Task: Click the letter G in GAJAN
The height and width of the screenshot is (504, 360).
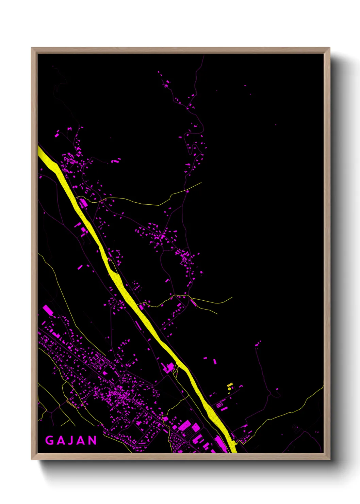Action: (49, 440)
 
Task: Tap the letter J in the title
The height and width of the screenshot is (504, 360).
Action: (71, 440)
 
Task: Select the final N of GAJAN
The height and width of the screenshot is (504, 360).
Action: (92, 440)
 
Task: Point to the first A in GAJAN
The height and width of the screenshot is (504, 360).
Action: (60, 440)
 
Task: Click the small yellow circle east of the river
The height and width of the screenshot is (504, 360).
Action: (229, 388)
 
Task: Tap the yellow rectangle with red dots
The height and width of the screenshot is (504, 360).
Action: (230, 384)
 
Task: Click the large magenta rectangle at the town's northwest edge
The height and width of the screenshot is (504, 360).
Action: (48, 310)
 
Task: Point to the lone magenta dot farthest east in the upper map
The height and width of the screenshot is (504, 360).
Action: (276, 125)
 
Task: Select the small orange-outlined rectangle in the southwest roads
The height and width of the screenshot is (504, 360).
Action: (71, 404)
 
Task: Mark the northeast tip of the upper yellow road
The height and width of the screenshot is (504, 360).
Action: (201, 183)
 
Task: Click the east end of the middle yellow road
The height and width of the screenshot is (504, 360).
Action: (232, 297)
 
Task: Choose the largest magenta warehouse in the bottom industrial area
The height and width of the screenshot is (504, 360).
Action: (185, 426)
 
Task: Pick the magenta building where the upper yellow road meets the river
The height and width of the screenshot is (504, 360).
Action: (83, 203)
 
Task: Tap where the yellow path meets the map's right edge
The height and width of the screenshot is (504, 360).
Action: (323, 387)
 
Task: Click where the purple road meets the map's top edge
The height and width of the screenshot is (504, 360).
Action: (204, 55)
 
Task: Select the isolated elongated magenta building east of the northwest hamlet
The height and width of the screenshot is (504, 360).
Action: (116, 160)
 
